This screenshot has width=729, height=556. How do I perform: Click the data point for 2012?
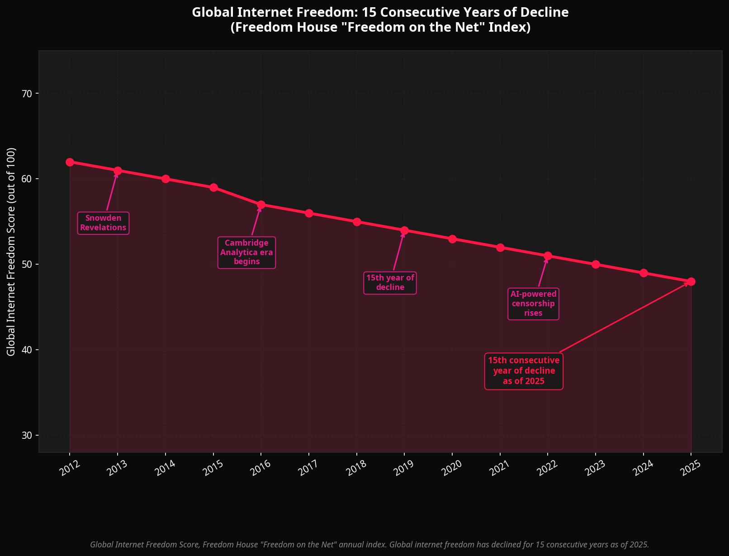pyautogui.click(x=70, y=162)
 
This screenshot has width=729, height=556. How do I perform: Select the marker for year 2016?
pyautogui.click(x=261, y=205)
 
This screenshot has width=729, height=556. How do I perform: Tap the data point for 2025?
pyautogui.click(x=691, y=281)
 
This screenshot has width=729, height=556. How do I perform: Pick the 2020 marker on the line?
pyautogui.click(x=452, y=239)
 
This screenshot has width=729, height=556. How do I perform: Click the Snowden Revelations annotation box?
pyautogui.click(x=103, y=223)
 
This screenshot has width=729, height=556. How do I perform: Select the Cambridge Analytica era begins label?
pyautogui.click(x=246, y=252)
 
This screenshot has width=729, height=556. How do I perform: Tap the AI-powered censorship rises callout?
pyautogui.click(x=533, y=304)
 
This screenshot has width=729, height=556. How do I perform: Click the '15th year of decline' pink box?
pyautogui.click(x=390, y=283)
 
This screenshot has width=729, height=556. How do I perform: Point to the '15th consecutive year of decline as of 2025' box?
pyautogui.click(x=524, y=371)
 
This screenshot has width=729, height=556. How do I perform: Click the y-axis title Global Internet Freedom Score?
pyautogui.click(x=11, y=251)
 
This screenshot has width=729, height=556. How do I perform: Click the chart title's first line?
pyautogui.click(x=380, y=12)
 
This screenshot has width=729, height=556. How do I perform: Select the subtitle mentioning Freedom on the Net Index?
pyautogui.click(x=380, y=28)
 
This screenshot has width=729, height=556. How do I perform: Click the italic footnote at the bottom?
pyautogui.click(x=369, y=544)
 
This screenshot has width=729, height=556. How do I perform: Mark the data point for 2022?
pyautogui.click(x=548, y=256)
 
